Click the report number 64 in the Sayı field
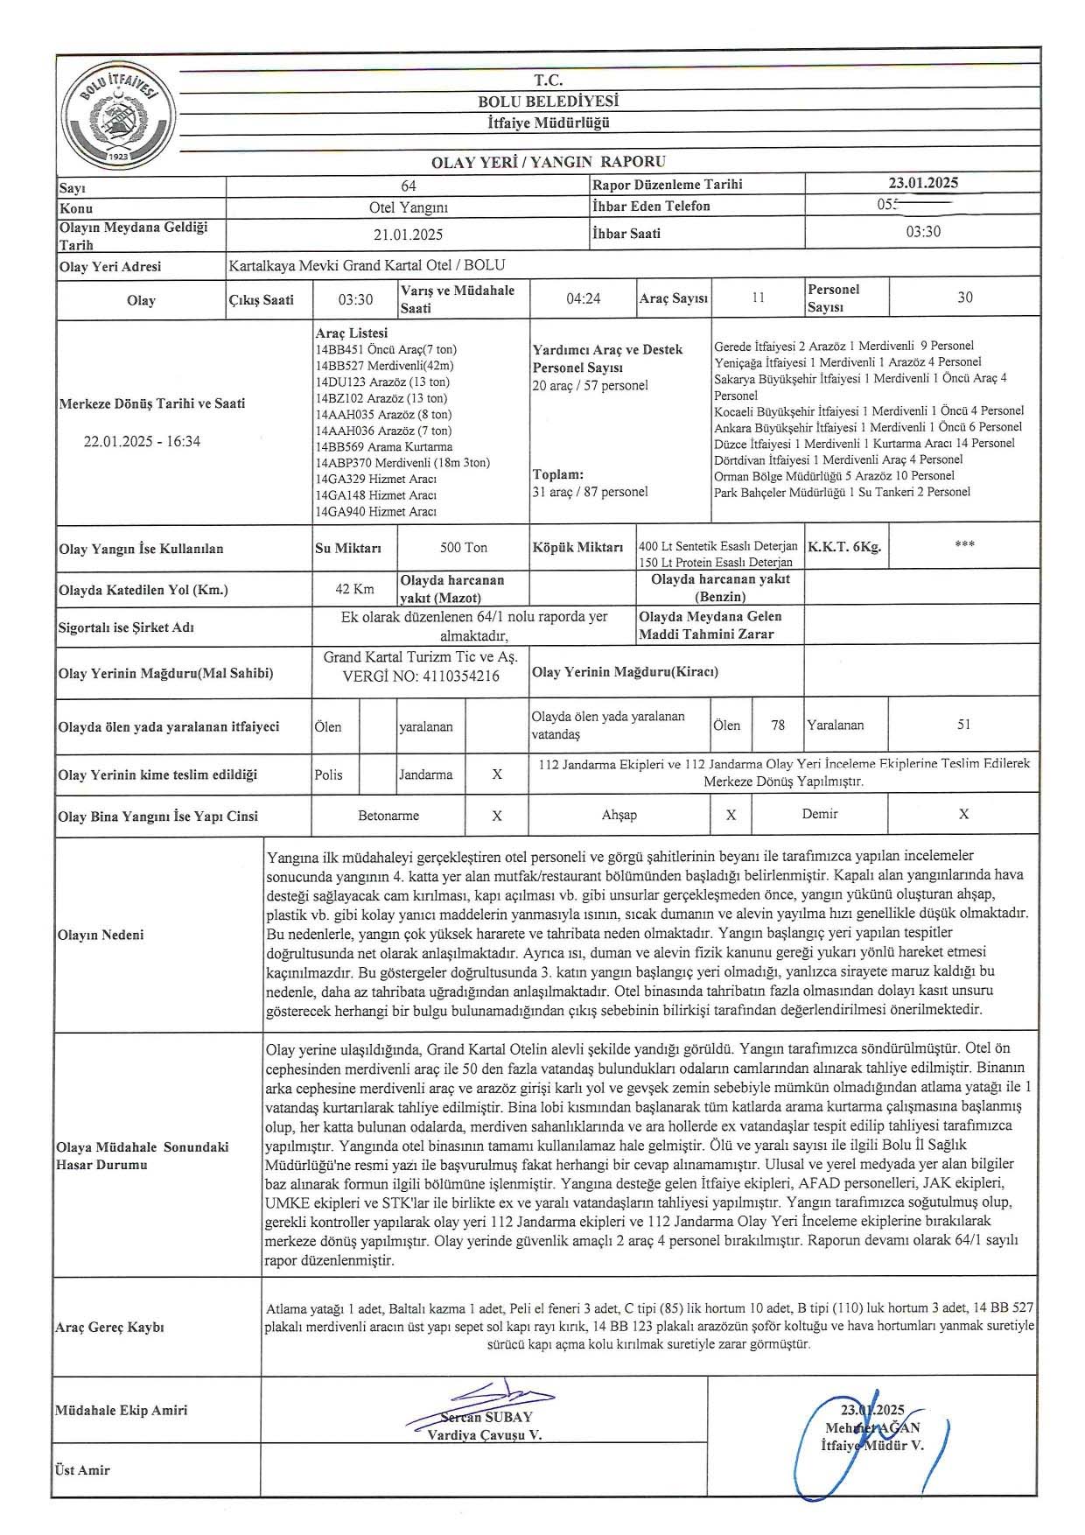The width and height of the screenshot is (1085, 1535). (408, 186)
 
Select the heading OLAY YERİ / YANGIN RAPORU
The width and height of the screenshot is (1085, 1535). (549, 162)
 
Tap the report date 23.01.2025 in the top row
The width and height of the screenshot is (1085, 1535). (923, 183)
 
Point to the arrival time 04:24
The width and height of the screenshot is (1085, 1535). (584, 298)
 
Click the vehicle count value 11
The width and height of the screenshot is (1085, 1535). (758, 298)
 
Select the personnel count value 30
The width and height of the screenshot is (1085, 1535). (964, 298)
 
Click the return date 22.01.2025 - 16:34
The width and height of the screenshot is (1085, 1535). (142, 441)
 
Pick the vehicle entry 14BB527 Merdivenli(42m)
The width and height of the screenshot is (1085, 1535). (385, 366)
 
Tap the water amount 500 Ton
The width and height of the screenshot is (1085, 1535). (464, 548)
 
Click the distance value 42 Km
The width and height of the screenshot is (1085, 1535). (354, 589)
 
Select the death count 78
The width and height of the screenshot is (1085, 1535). (778, 725)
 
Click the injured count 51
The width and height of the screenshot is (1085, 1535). (964, 725)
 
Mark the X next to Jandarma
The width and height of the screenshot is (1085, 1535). (497, 775)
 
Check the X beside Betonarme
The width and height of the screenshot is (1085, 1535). (497, 816)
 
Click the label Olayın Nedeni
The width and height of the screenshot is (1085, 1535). (101, 935)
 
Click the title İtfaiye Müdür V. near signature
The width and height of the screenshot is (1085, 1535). (872, 1446)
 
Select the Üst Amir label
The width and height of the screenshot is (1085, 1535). (82, 1470)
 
